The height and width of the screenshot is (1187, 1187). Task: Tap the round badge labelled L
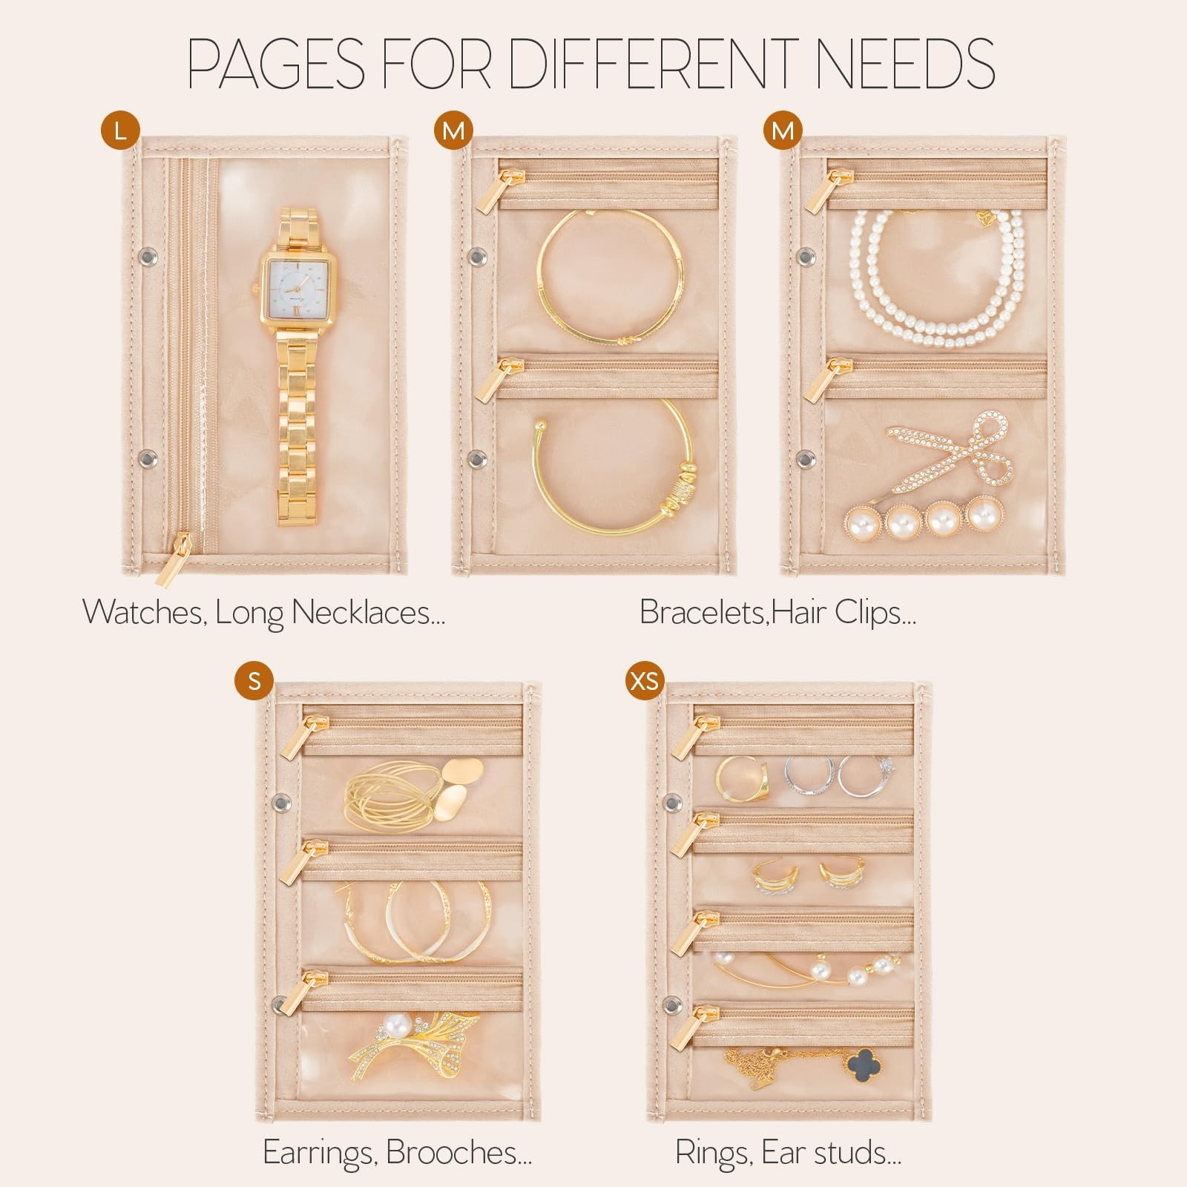click(121, 131)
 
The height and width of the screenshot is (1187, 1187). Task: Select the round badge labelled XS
click(643, 680)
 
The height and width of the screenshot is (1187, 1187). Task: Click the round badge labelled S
click(254, 680)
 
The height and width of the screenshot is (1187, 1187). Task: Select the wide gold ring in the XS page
click(737, 779)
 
